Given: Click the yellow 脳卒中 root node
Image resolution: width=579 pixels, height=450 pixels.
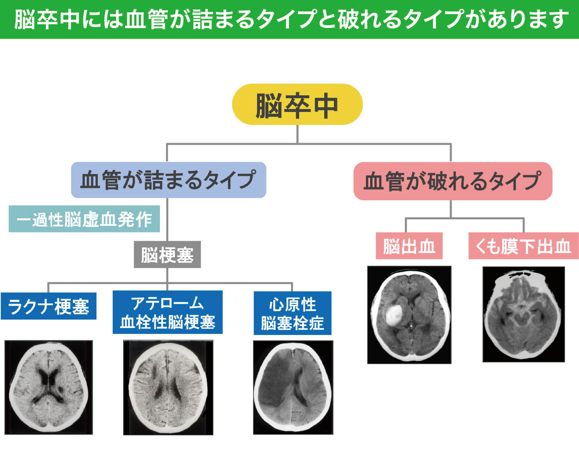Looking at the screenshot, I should [297, 104].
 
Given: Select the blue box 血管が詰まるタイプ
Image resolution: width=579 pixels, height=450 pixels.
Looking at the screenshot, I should [168, 180].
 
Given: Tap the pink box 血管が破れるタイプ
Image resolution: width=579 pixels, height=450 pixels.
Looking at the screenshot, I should [452, 181].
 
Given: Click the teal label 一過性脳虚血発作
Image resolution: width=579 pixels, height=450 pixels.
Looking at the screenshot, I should [84, 219].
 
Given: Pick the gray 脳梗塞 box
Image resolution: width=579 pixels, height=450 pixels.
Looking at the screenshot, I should [167, 255].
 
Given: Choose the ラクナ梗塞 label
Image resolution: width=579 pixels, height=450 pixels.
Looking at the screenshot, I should [49, 306].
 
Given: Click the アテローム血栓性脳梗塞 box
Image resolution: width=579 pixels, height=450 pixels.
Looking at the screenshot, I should [168, 312].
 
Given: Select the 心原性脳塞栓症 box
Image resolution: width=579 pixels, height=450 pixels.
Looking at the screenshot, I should [292, 313].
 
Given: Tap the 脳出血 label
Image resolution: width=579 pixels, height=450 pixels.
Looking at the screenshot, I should [409, 246].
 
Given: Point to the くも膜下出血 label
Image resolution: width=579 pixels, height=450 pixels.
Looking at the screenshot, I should [523, 246].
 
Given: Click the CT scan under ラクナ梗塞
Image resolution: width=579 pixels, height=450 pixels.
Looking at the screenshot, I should [49, 387].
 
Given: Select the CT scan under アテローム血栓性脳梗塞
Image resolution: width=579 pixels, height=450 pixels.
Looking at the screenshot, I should [168, 387].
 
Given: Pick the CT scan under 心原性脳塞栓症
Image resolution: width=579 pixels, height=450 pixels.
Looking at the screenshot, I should [293, 387].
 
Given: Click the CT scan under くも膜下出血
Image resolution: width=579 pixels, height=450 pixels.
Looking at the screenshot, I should [523, 314].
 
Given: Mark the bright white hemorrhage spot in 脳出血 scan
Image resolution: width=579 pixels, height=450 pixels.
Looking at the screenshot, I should [394, 314].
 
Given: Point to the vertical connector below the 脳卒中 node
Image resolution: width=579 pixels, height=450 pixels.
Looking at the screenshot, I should [297, 134].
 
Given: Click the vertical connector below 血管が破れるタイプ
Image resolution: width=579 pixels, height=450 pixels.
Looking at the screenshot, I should [451, 209].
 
